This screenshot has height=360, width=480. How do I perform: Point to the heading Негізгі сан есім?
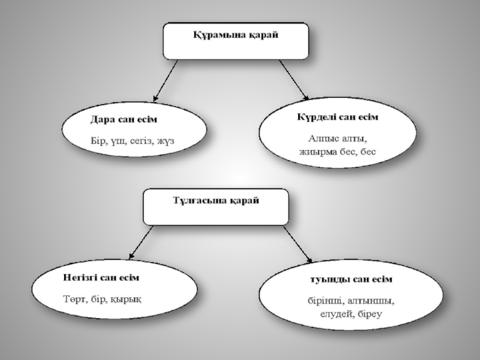pos(101,278)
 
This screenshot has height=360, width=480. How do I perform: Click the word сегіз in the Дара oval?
pos(140,142)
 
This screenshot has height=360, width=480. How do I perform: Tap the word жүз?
pos(170,142)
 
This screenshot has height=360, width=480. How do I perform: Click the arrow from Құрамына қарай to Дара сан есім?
pos(165,80)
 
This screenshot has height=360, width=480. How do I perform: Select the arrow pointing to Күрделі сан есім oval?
pos(293,80)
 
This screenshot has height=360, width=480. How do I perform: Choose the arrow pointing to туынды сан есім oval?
pos(296,245)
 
